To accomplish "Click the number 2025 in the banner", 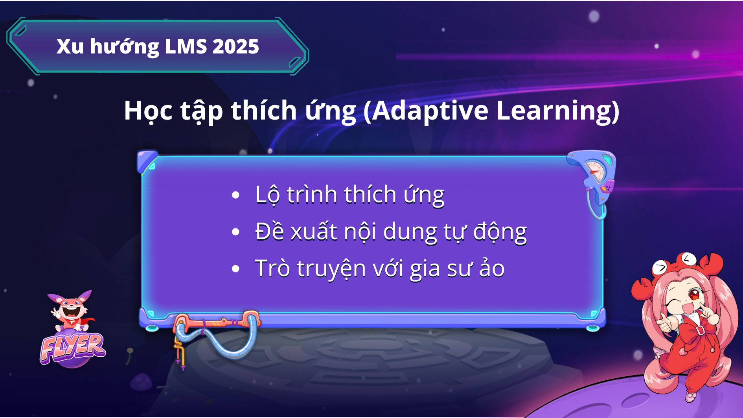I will [235, 47].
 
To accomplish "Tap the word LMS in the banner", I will [186, 47].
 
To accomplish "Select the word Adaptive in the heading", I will [430, 110].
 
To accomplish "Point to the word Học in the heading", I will [148, 111].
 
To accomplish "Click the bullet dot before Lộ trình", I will [235, 195].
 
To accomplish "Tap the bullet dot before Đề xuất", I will [235, 232].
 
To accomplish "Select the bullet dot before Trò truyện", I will [235, 269].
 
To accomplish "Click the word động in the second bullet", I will [500, 232].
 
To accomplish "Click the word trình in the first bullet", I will [312, 195].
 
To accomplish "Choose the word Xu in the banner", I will [70, 47].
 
